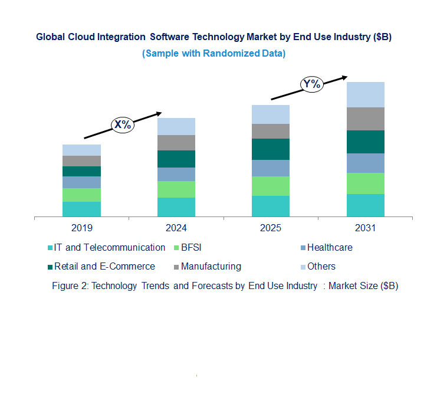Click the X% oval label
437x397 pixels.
point(123,124)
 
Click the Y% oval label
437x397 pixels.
point(311,84)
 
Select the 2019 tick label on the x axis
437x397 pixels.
point(81,228)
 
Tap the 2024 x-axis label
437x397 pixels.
point(176,228)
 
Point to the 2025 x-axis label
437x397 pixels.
point(271,228)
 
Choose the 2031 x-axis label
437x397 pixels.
point(365,228)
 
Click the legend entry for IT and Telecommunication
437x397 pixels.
point(109,248)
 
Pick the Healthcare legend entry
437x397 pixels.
point(329,248)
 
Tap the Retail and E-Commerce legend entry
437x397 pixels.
point(104,267)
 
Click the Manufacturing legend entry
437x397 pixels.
point(211,267)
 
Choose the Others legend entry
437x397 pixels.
point(321,267)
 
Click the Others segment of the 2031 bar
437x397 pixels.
point(365,94)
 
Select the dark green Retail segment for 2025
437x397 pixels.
point(271,149)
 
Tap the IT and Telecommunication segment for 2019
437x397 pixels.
point(81,209)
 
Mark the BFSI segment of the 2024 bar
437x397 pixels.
point(176,189)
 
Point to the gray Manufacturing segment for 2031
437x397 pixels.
point(365,119)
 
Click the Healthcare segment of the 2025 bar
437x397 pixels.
point(271,168)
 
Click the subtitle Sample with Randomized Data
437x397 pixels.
point(213,54)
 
